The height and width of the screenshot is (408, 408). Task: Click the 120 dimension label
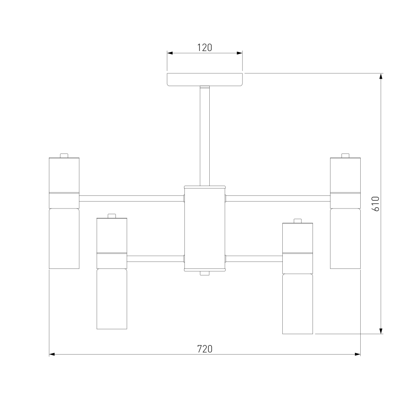click(x=204, y=48)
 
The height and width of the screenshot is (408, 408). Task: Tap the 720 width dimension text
click(x=205, y=349)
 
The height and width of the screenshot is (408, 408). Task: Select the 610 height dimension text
click(x=376, y=204)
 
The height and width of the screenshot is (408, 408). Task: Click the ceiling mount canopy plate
click(x=205, y=80)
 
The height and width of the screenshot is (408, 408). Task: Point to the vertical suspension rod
click(x=205, y=136)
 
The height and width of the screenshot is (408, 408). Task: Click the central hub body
click(x=205, y=229)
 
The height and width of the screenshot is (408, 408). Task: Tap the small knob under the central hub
click(x=205, y=273)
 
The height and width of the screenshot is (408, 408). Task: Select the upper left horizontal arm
click(x=132, y=199)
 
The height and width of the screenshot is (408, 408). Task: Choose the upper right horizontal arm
click(x=278, y=199)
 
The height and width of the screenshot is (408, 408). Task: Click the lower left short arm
click(x=155, y=259)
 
